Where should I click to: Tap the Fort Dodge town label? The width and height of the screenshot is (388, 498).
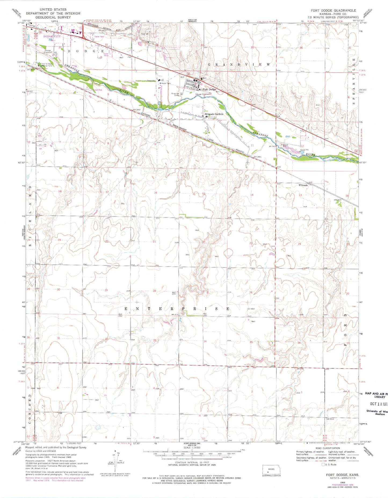point(209,89)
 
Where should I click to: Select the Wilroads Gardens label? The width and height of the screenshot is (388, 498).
point(214,114)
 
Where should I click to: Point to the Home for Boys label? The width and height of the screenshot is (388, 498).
point(46,64)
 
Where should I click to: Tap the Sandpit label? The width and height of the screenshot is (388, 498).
point(29,91)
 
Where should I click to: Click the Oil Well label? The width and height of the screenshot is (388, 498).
point(251,309)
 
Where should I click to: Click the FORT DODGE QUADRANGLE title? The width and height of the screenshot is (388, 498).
point(333,10)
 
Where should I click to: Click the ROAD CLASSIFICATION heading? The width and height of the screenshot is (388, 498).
point(328,448)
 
